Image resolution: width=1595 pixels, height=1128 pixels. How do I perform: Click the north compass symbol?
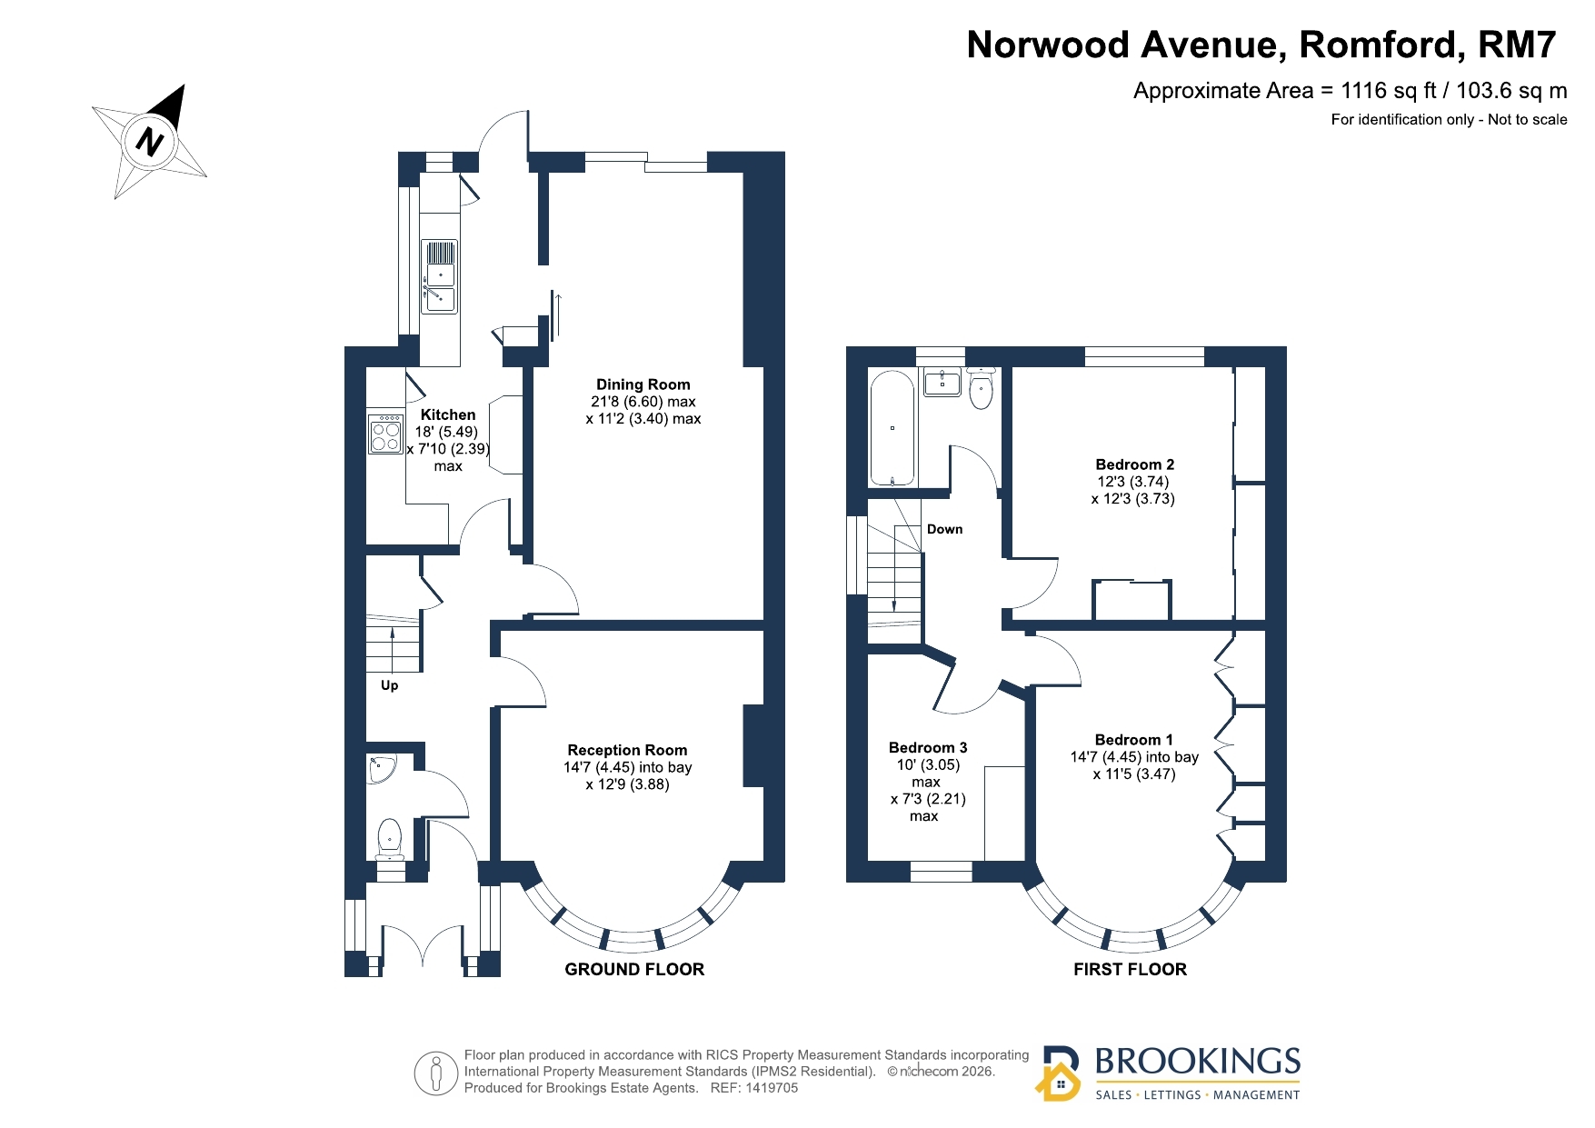tap(150, 143)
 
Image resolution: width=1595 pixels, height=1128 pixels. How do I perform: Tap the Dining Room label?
tap(643, 384)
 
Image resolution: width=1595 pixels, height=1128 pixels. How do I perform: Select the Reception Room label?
tap(627, 750)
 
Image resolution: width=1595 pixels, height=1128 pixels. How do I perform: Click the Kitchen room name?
tap(448, 414)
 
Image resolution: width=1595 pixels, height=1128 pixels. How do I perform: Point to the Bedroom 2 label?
tap(1134, 464)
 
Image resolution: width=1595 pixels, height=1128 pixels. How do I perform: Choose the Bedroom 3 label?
tap(928, 747)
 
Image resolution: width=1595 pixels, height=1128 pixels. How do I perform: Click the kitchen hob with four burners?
tap(385, 433)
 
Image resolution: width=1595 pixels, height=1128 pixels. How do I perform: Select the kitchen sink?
tap(440, 277)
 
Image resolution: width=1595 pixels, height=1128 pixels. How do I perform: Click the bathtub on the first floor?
tap(892, 428)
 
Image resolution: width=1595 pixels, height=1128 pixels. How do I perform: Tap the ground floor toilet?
tap(390, 839)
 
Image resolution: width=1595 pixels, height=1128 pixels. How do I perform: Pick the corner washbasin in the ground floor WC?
tap(379, 768)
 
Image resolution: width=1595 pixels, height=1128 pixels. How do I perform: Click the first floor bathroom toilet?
tap(981, 387)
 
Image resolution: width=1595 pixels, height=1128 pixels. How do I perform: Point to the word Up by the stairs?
tap(389, 685)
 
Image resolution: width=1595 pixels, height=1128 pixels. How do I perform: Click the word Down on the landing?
tap(944, 529)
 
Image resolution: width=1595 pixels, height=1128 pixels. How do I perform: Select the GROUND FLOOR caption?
tap(634, 969)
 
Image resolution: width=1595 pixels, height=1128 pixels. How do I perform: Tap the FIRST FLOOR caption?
tap(1130, 969)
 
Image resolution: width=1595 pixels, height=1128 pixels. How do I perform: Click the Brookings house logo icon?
tap(1059, 1073)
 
